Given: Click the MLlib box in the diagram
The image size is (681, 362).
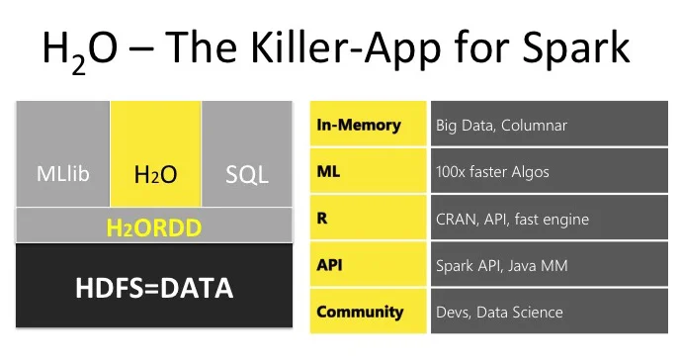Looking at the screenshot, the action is pos(63,154).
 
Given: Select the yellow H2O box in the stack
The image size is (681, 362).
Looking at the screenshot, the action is pos(156,154).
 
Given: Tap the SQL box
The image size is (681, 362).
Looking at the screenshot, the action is pos(247,154).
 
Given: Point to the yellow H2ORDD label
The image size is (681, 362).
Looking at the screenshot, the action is pos(154,227).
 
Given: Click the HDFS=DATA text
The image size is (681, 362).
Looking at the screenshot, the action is pos(154,288).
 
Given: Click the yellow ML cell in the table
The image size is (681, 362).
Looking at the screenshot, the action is pos(369,171).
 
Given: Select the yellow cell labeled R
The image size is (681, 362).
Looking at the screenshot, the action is pos(369,218).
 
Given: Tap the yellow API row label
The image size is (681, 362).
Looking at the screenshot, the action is pos(369,264).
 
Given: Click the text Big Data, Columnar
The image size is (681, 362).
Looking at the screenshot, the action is pos(502,126).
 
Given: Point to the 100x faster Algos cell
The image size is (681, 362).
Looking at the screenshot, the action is pos(550,171).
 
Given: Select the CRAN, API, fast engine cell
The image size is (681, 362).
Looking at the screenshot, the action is pos(550,218).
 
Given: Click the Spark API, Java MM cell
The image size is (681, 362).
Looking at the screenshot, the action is pos(550,264).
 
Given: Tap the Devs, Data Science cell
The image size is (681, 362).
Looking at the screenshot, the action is pos(550,312).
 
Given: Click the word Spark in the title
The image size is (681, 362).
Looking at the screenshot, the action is pos(576,48).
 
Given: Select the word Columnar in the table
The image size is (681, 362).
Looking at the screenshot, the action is pos(534,126).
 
